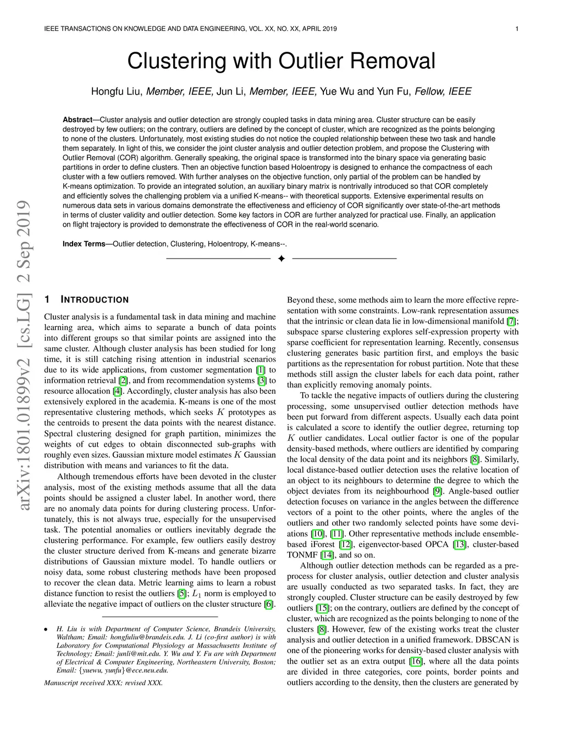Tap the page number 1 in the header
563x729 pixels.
[x=518, y=29]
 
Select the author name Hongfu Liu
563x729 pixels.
[x=116, y=91]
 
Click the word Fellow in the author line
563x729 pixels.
[x=430, y=91]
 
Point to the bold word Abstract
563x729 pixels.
[x=77, y=120]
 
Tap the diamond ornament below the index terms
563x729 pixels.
[x=281, y=259]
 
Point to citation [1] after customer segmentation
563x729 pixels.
[x=261, y=370]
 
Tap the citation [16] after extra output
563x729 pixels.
[x=416, y=661]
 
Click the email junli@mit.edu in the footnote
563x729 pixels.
[x=113, y=654]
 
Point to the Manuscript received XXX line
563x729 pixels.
[x=103, y=683]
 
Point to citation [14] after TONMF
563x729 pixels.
[x=327, y=555]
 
